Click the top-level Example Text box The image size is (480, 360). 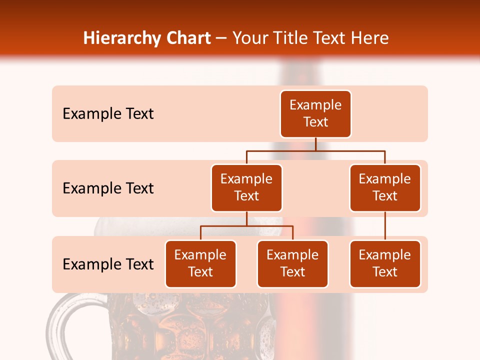coord(315,114)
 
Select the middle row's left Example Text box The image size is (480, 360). coord(246,188)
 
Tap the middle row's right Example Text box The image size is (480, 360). coord(385,188)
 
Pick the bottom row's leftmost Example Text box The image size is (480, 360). coord(200,264)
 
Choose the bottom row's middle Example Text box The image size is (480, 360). coord(292,264)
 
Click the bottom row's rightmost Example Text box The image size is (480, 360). coord(385,264)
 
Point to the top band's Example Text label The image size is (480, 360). coord(108,114)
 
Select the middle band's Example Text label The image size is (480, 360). coord(108,188)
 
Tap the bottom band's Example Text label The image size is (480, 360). coord(108,264)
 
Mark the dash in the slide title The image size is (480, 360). coord(221,39)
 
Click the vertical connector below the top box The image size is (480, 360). coord(315,144)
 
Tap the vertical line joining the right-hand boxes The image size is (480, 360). coord(385,226)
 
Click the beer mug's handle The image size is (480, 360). coord(62,325)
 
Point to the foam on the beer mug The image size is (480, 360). coord(107,226)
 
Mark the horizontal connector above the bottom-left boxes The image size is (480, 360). coord(246,226)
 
